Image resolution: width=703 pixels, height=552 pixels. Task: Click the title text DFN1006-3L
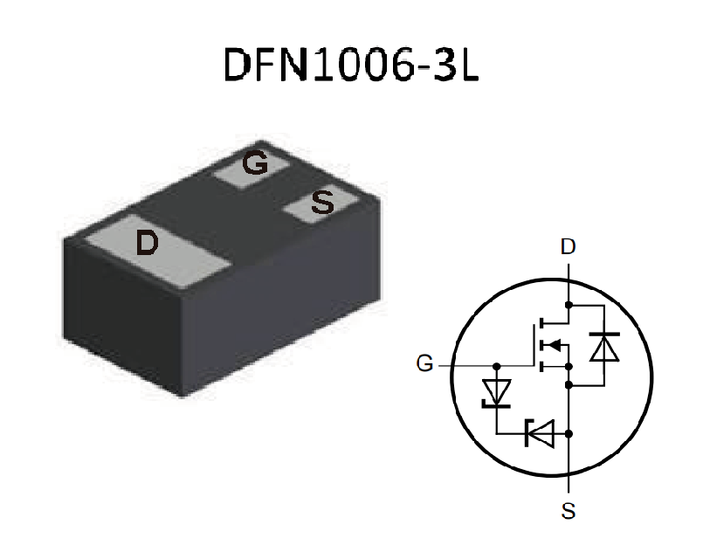pyautogui.click(x=351, y=64)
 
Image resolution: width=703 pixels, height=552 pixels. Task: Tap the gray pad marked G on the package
pyautogui.click(x=252, y=166)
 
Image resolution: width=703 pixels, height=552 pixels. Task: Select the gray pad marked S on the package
pyautogui.click(x=321, y=205)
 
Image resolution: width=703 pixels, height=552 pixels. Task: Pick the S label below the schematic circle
pyautogui.click(x=569, y=512)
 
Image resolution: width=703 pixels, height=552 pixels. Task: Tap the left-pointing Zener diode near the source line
pyautogui.click(x=539, y=432)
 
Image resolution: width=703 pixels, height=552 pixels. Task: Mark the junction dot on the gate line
pyautogui.click(x=497, y=365)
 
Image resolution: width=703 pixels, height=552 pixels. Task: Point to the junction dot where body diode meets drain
pyautogui.click(x=569, y=305)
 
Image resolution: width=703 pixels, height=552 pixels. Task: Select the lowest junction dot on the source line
pyautogui.click(x=569, y=432)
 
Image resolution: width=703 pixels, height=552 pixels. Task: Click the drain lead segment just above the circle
pyautogui.click(x=569, y=269)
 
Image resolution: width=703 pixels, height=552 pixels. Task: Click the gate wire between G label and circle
pyautogui.click(x=445, y=365)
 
